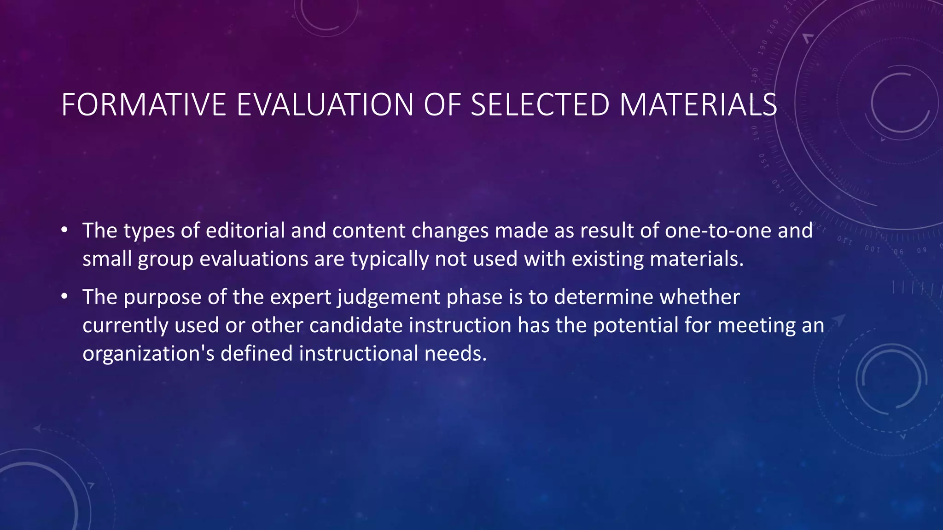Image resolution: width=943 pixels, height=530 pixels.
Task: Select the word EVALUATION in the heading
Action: (325, 105)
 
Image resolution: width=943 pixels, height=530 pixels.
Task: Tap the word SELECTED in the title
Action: (540, 105)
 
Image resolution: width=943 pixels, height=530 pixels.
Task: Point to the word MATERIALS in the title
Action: (698, 105)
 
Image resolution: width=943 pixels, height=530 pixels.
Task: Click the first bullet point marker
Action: (65, 230)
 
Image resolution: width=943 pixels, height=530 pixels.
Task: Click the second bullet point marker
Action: (65, 296)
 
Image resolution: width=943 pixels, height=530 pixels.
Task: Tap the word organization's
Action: (148, 354)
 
